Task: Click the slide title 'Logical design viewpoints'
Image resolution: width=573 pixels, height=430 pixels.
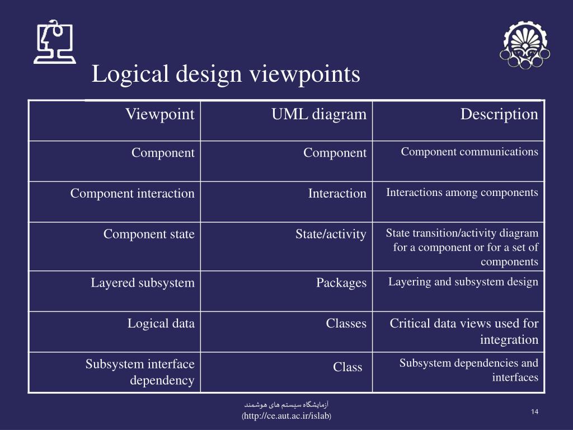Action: pos(226,74)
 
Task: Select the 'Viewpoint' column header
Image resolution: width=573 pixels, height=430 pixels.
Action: pos(159,115)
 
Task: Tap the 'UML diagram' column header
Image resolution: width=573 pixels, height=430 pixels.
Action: pos(319,115)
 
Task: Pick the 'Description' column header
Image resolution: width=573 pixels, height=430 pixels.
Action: pos(499,115)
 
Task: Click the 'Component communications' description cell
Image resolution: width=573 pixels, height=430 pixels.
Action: pos(469,152)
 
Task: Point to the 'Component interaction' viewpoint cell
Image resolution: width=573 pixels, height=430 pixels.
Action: pos(133,194)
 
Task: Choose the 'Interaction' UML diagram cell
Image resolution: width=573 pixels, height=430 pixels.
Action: pos(337,194)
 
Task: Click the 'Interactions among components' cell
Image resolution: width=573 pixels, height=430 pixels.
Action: pos(462,193)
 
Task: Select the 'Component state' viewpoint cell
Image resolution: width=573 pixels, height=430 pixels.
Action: pos(149,234)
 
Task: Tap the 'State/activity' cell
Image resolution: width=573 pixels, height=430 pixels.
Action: pos(331,234)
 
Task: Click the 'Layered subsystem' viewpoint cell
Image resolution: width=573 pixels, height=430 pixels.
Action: pos(143,283)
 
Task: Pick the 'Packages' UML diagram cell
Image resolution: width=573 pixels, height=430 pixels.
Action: pos(341,283)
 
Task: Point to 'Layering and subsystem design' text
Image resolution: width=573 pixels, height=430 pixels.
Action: pos(463,282)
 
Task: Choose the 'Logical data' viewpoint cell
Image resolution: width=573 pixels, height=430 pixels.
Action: pos(161,323)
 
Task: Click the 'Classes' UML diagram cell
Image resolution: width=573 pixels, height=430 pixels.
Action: pos(346,323)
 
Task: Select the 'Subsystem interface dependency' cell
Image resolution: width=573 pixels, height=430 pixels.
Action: pos(140,372)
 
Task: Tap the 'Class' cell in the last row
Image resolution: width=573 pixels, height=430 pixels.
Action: pos(347,367)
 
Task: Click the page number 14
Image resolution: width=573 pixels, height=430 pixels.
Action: pos(534,413)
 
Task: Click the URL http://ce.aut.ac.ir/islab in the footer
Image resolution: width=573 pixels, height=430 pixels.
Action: pos(286,417)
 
